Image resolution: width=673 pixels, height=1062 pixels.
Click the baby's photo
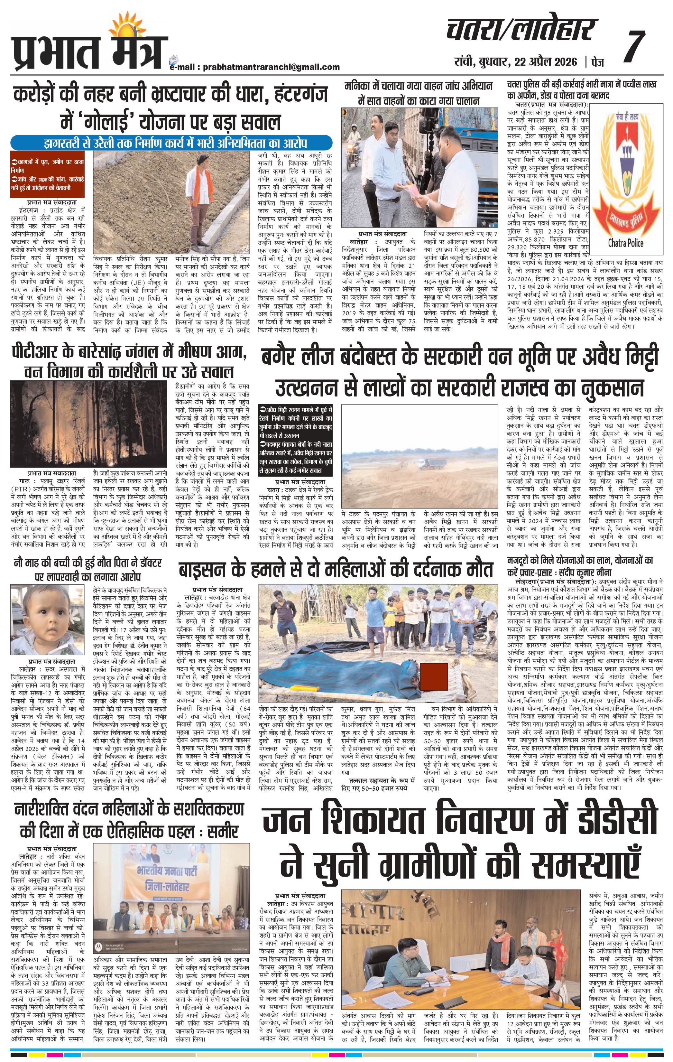coord(50,619)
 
